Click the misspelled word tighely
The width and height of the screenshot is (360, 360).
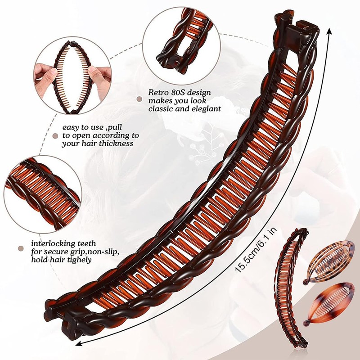[x=77, y=259]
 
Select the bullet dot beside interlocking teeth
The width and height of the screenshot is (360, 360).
[x=20, y=248]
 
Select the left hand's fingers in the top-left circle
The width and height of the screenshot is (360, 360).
[x=44, y=72]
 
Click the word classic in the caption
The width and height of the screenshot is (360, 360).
[x=162, y=109]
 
